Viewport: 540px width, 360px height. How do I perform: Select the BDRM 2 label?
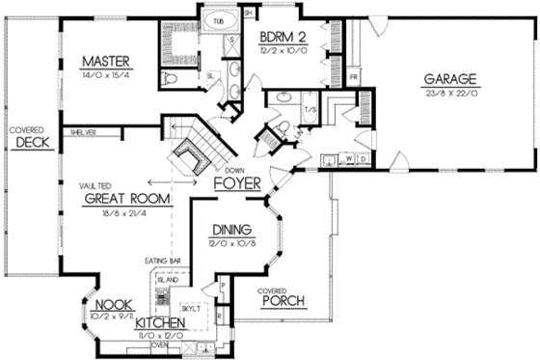click(x=283, y=37)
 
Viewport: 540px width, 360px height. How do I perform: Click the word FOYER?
click(x=234, y=180)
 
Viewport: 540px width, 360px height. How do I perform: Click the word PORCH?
click(x=283, y=301)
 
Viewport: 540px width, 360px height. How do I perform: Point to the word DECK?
click(x=33, y=143)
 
